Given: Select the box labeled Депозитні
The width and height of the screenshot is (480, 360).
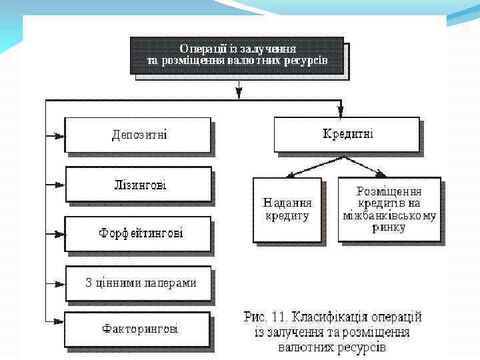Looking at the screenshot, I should click(137, 135).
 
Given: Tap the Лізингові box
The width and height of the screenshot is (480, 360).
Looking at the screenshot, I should click(138, 183).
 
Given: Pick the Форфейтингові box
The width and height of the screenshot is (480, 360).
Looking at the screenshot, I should click(138, 233).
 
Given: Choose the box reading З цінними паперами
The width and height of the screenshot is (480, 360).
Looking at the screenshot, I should click(138, 283).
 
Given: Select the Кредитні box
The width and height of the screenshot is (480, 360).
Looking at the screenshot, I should click(347, 134).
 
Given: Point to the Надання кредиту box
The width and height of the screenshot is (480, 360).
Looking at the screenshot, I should click(287, 209).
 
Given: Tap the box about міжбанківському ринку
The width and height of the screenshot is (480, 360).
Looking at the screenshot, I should click(389, 209).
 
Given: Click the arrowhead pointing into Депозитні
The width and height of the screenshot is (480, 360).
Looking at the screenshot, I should click(59, 135).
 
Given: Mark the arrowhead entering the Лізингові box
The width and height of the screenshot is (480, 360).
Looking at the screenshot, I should click(59, 183).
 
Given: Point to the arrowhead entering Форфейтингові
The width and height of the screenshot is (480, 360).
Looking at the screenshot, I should click(59, 233).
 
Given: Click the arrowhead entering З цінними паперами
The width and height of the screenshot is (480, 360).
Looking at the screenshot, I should click(59, 283).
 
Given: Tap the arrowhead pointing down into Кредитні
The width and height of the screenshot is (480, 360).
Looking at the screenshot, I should click(340, 111).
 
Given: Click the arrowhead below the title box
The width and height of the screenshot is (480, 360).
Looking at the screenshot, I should click(238, 93).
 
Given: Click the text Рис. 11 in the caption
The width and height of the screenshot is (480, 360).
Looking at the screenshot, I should click(264, 317).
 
